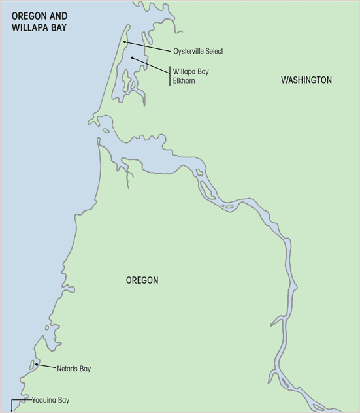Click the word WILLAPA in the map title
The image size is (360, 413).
[30, 28]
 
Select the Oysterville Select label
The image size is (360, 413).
[198, 51]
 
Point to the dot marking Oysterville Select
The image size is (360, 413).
[124, 42]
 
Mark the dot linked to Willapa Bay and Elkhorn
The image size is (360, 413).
[133, 58]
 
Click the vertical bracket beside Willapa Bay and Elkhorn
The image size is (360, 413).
[170, 76]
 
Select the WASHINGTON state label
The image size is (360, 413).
[306, 80]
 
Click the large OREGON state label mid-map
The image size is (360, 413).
[142, 280]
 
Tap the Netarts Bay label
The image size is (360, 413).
[69, 369]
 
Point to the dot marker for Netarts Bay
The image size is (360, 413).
[37, 365]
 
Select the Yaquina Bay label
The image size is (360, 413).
[50, 400]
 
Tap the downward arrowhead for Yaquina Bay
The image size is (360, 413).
[12, 410]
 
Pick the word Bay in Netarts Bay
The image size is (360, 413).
[84, 369]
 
